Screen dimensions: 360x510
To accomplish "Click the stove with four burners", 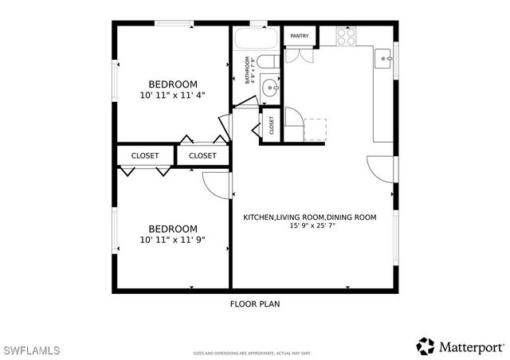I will [x=346, y=36].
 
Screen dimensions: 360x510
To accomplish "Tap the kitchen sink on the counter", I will [x=384, y=57].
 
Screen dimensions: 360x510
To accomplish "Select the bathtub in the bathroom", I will [x=256, y=39].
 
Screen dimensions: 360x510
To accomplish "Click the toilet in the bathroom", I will [x=268, y=64].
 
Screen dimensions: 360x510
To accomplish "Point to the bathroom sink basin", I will [x=269, y=88].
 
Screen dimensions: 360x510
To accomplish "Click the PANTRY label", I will [x=300, y=36].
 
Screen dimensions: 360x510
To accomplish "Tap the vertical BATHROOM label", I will [x=249, y=69].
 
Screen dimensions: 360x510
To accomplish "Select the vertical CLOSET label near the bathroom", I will [x=271, y=126].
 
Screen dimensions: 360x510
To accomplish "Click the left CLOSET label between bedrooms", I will [x=145, y=155].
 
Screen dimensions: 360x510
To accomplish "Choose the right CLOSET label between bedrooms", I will [x=202, y=155].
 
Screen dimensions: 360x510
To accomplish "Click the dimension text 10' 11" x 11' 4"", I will [x=173, y=95].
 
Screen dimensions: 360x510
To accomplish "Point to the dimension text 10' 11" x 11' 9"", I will [x=173, y=239].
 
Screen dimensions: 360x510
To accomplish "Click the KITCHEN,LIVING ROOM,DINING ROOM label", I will [x=310, y=217].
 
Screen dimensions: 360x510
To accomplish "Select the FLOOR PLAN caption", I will [x=255, y=303].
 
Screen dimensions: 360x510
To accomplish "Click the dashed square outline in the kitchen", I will [x=316, y=130].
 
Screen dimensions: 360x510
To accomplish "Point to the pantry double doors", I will [x=300, y=54].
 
